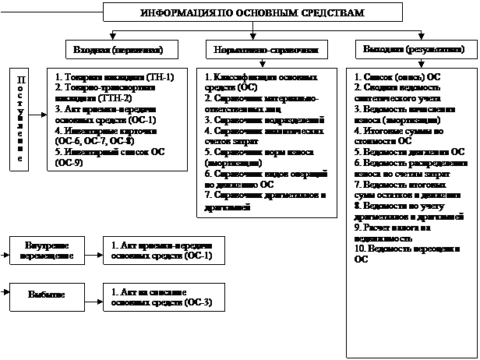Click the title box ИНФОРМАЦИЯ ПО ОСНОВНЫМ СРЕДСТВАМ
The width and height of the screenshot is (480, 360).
(x=241, y=14)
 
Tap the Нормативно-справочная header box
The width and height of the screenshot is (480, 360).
(x=266, y=50)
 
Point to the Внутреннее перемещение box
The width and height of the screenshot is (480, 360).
(x=45, y=251)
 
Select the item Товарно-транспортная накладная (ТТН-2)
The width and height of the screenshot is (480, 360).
(x=106, y=94)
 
